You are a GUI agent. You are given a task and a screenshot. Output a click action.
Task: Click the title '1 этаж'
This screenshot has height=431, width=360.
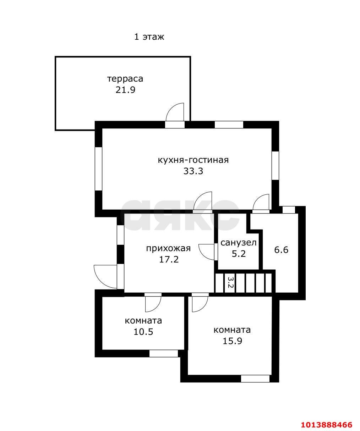coord(149,37)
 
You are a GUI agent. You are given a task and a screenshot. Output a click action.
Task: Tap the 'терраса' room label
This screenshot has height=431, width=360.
coord(125,78)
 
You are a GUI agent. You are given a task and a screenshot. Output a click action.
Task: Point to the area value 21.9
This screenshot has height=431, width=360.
coord(125,90)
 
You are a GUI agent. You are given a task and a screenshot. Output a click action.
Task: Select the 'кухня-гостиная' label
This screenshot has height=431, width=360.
coord(193,160)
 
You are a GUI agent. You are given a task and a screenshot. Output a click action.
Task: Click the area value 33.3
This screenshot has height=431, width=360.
coord(193,171)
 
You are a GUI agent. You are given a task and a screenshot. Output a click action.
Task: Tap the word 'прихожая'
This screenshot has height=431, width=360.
coord(168,248)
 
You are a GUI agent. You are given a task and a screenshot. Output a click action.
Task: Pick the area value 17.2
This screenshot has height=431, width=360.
coord(169,259)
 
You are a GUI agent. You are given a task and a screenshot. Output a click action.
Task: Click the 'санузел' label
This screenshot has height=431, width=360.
coord(238,243)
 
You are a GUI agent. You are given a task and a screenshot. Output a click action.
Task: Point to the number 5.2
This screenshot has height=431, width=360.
coord(238,254)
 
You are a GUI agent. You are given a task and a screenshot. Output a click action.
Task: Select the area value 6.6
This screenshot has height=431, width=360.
coord(281,250)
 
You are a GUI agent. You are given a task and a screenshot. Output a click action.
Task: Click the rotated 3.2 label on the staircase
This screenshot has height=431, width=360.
coord(230,283)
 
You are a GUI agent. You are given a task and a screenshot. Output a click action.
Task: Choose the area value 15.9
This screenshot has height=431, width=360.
coord(232,341)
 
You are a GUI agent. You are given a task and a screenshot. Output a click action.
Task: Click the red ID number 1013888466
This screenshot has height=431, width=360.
coord(327,424)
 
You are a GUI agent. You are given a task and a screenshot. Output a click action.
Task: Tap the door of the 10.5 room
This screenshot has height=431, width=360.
coord(153,302)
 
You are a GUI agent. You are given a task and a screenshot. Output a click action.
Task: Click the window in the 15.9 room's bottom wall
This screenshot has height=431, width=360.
coord(255,378)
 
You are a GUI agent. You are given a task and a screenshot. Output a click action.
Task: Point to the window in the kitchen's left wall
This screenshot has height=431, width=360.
coord(98,168)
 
